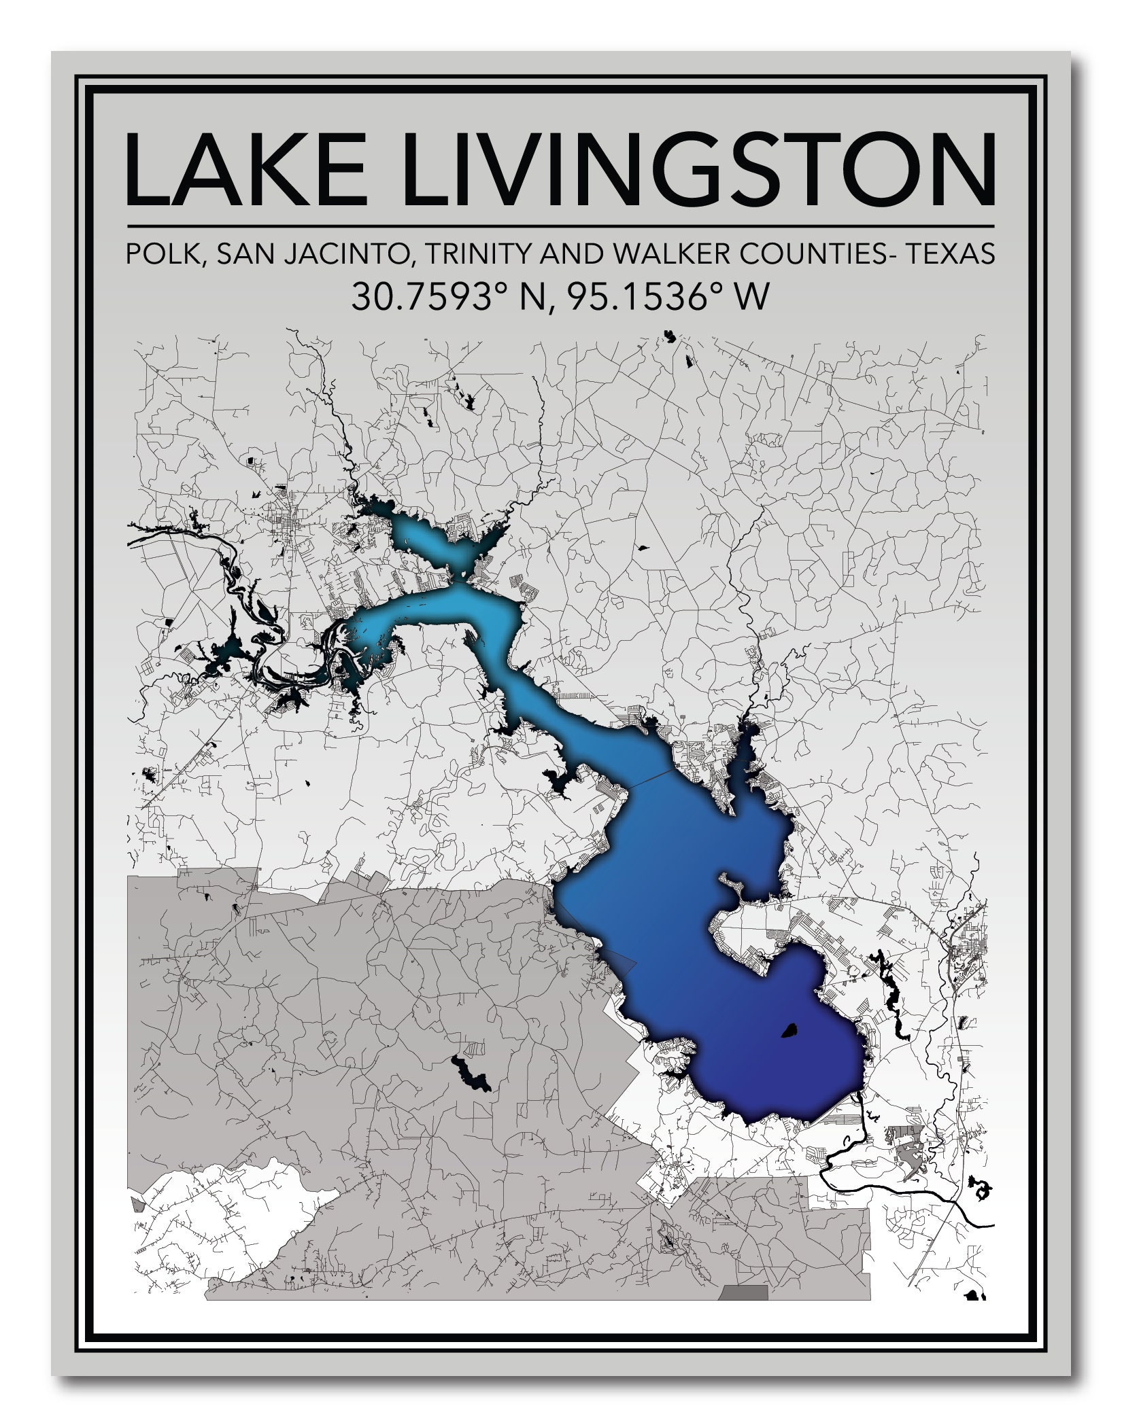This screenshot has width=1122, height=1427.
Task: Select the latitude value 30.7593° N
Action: coord(449,297)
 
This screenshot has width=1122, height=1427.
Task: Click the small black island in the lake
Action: coord(789,1031)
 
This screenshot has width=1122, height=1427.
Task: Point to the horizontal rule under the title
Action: coord(560,226)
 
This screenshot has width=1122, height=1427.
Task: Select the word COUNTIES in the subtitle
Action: coord(816,254)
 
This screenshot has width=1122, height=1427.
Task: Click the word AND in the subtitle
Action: coord(571,254)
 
